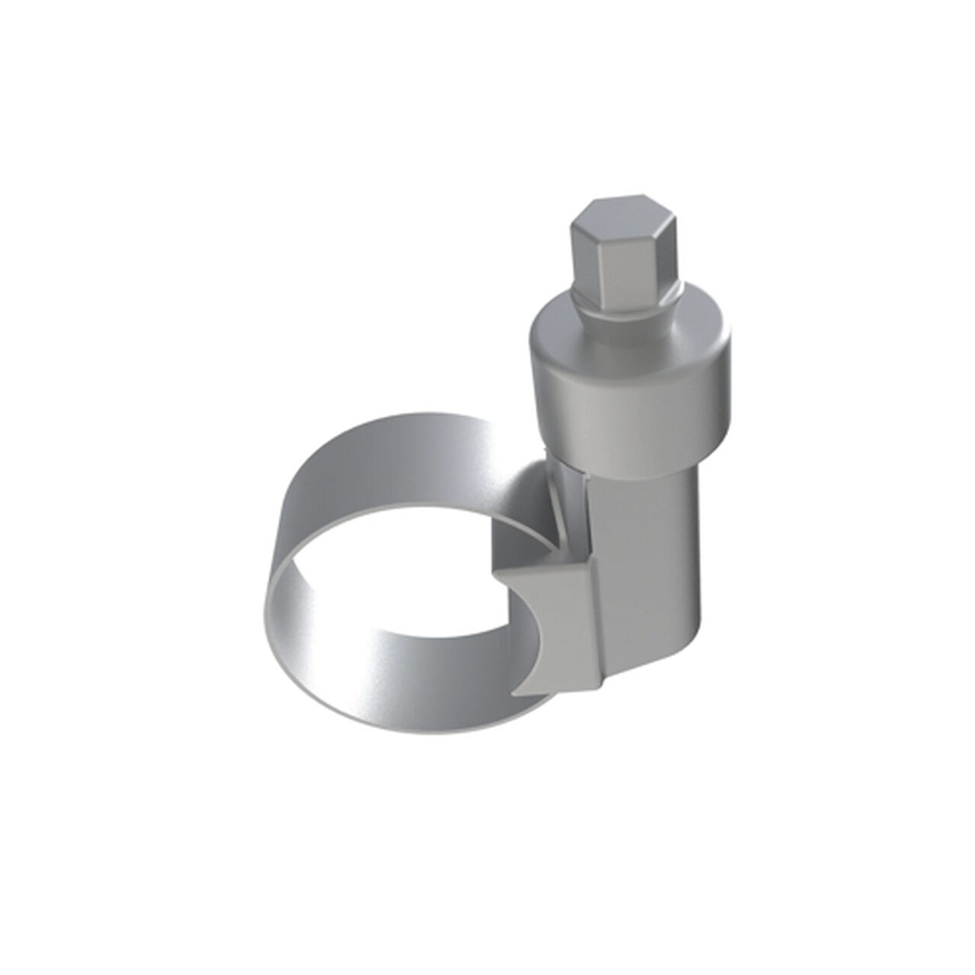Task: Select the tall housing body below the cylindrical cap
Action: [x=647, y=548]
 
